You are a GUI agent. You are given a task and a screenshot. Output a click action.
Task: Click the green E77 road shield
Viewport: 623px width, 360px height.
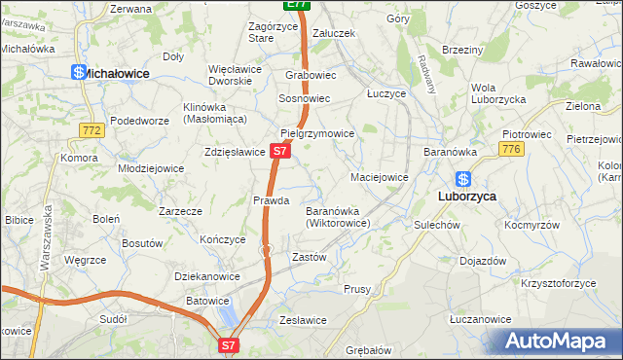coord(298,5)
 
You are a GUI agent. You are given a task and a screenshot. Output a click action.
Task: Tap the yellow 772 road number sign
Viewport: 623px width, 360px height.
coord(92,129)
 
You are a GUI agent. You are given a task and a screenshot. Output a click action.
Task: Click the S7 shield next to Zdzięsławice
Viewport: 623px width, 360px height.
coord(279,152)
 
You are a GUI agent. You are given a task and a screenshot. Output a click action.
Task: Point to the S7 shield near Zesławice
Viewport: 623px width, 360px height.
coord(228,344)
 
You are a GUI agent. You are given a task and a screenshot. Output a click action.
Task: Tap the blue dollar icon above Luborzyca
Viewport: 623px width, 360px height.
coord(463,179)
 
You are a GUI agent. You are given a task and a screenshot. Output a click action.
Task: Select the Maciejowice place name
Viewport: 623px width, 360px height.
coord(379,177)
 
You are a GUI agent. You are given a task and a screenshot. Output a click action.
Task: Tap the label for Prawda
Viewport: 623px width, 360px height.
coord(272,200)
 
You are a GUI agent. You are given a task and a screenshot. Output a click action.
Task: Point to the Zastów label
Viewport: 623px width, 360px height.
coord(309,258)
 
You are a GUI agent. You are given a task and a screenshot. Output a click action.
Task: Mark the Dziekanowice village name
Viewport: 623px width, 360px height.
coord(206,276)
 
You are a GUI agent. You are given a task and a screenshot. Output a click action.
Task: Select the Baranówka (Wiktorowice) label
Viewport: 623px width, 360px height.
coord(336,216)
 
